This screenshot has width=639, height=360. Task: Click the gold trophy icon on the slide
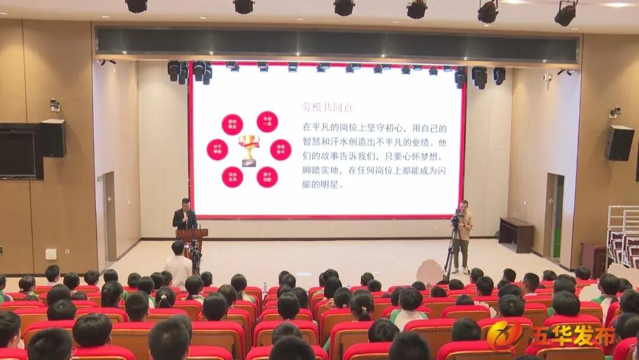(249, 149)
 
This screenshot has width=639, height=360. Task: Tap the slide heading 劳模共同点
(327, 107)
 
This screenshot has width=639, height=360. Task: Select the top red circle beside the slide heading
(267, 121)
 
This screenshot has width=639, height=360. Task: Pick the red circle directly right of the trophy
(280, 150)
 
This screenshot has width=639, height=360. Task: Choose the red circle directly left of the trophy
(217, 150)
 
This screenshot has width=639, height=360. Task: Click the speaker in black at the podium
(185, 215)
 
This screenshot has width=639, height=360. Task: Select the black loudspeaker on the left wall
(53, 138)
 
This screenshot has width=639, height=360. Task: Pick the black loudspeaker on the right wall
(618, 143)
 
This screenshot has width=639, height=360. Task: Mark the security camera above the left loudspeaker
(55, 105)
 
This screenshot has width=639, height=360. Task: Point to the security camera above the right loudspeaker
(615, 111)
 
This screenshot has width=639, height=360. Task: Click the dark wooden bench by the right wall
(515, 234)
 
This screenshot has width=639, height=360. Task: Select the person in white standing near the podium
(178, 265)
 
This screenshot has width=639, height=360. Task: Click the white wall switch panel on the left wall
(51, 254)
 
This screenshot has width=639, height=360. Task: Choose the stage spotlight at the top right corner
(566, 12)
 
